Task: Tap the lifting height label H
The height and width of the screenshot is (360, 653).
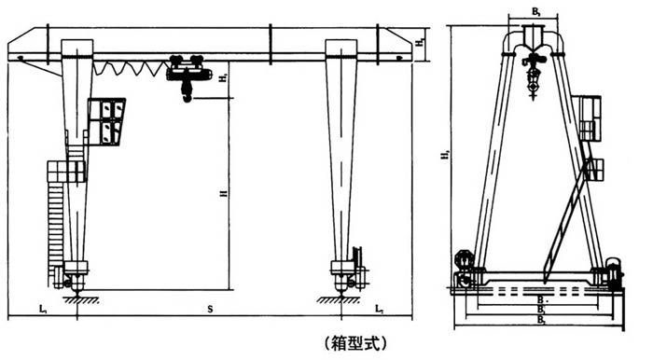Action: [x=222, y=194]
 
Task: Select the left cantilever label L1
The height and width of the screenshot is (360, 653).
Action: [x=43, y=306]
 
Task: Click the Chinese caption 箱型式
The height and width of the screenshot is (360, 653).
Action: [x=352, y=342]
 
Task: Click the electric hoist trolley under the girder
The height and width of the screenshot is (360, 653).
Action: [x=186, y=67]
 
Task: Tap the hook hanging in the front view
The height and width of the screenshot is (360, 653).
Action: [x=187, y=93]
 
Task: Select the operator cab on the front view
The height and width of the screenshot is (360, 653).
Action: [x=108, y=121]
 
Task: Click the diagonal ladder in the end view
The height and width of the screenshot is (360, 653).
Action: [x=568, y=219]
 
